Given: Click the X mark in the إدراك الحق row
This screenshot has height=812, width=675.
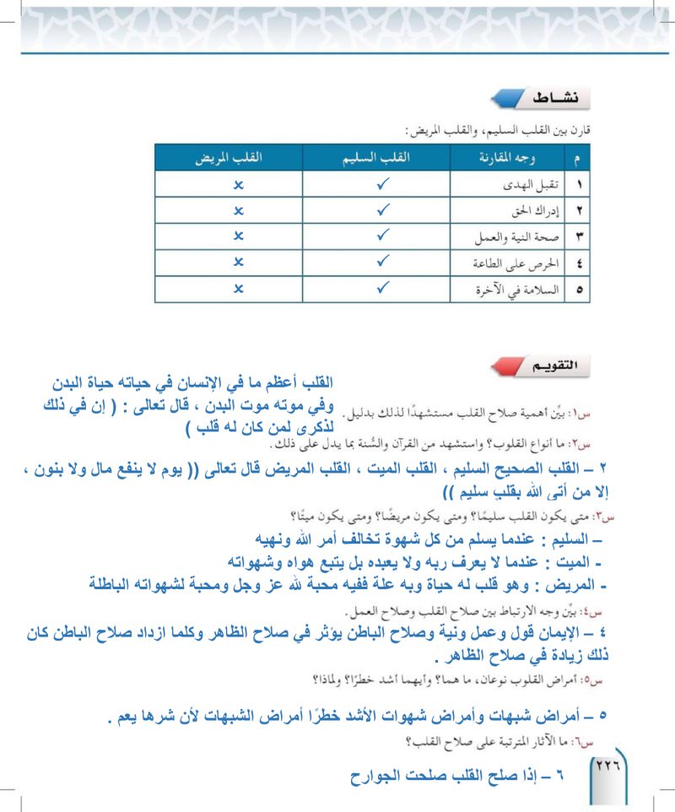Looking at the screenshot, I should coord(238,209).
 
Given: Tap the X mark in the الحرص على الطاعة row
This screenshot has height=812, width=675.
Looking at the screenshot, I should coord(238,263).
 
